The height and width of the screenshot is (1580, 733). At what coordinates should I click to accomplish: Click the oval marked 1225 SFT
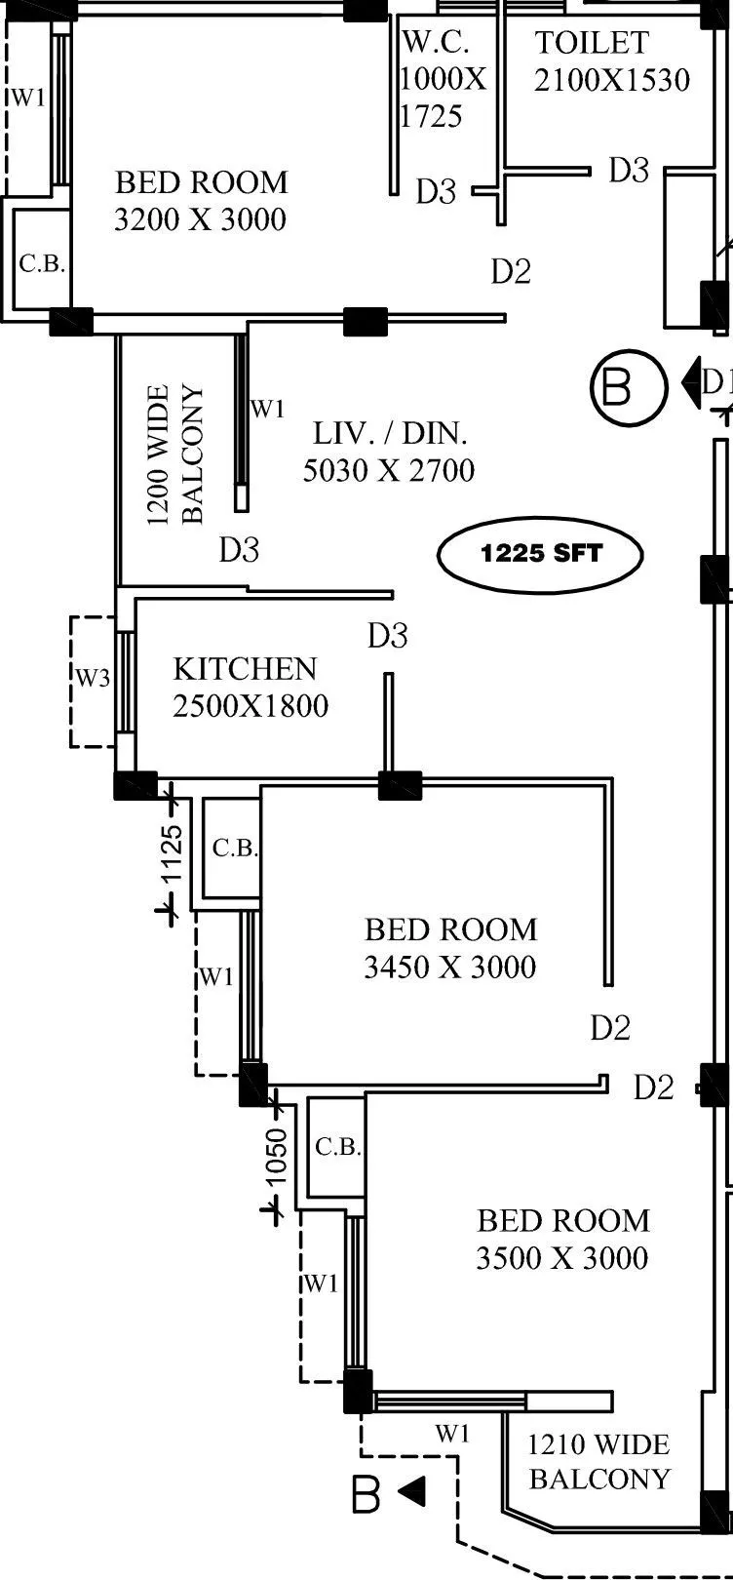[x=540, y=554]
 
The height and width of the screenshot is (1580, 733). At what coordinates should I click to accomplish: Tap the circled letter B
[x=629, y=387]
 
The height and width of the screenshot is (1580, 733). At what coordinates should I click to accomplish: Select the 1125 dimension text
[x=172, y=853]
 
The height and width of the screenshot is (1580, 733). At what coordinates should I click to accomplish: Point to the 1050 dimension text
[x=277, y=1156]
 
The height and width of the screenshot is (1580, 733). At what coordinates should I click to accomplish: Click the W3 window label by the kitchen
[x=94, y=678]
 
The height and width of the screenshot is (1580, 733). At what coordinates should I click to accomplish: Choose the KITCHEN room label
[x=245, y=668]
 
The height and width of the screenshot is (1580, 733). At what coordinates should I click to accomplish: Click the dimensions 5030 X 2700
[x=389, y=470]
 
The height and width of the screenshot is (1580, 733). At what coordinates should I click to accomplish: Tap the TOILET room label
[x=592, y=43]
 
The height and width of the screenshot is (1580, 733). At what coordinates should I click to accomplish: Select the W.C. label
[x=436, y=42]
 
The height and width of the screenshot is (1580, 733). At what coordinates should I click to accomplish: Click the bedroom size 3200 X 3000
[x=201, y=218]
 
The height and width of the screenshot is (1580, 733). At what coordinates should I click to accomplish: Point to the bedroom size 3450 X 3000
[x=449, y=967]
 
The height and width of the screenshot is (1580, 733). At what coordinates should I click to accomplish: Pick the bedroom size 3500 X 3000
[x=561, y=1257]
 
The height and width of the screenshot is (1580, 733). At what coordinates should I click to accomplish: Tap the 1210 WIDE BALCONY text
[x=598, y=1461]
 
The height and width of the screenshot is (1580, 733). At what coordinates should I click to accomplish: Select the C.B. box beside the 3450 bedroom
[x=233, y=849]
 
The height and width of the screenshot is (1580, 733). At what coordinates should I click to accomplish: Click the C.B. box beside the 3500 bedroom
[x=337, y=1147]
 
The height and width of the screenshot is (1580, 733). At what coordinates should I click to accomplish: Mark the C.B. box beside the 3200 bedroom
[x=41, y=263]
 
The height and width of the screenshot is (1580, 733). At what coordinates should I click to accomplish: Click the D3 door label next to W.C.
[x=436, y=191]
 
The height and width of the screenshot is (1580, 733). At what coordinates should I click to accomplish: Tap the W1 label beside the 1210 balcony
[x=452, y=1433]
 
